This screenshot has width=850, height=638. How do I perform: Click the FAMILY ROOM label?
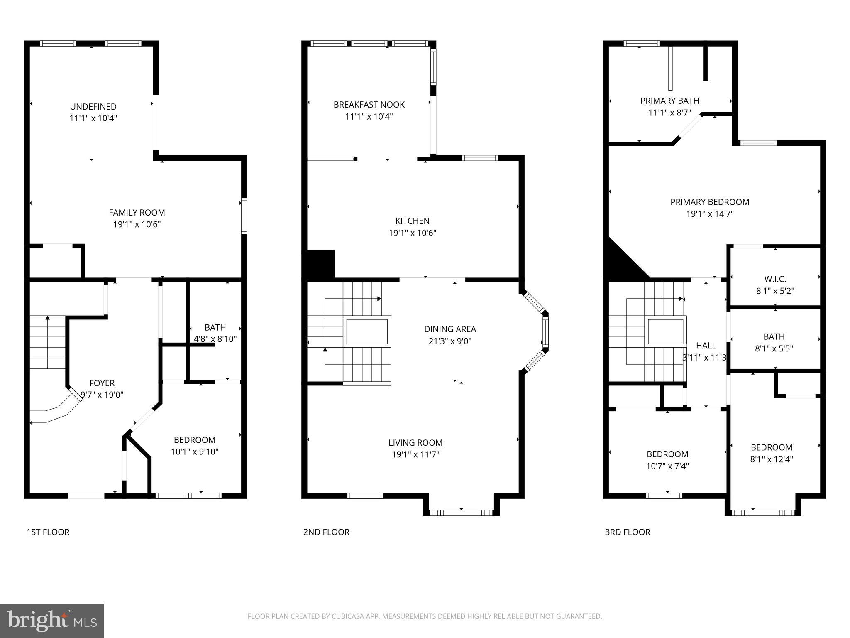coord(137,213)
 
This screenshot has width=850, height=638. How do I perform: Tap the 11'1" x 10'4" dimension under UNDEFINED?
coord(93,118)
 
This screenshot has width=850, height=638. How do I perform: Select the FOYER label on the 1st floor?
coord(102,383)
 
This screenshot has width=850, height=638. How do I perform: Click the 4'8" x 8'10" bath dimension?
coord(215,339)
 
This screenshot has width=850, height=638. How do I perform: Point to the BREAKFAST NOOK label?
coord(369,105)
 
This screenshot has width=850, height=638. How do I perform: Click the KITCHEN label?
coord(412,221)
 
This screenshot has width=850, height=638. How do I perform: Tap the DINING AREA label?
coord(450,329)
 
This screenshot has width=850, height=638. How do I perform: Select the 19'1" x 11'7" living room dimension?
coord(415,454)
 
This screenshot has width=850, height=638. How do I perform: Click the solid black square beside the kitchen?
coord(320,264)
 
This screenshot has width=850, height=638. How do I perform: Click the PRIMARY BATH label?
coord(669,101)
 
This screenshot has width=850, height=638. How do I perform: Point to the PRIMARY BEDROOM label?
coord(710,202)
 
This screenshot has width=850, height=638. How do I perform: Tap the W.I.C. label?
coord(775,279)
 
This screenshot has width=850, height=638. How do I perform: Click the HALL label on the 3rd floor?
coord(706,346)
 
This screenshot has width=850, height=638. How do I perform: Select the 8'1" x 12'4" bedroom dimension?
coord(771,459)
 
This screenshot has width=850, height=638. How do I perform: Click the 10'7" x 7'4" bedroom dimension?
coord(667,466)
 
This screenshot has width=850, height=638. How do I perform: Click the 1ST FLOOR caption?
coord(48,532)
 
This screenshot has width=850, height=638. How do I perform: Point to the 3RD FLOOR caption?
coord(627,532)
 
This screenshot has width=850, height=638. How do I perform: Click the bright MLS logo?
coord(51,621)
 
